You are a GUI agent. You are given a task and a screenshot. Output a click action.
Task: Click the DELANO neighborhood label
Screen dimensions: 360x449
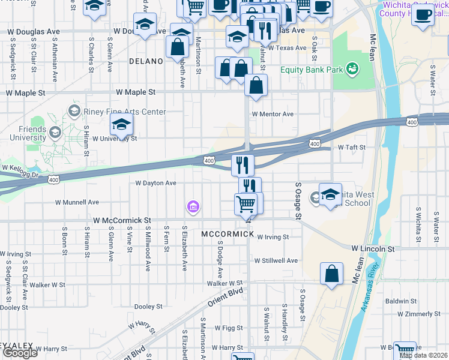146,61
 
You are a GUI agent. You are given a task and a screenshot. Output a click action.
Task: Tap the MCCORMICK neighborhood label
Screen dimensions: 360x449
228,233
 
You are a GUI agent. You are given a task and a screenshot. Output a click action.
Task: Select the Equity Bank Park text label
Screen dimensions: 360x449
312,70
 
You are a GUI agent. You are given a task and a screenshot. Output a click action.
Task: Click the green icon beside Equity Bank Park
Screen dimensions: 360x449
353,70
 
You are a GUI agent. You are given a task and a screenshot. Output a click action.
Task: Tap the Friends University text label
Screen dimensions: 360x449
27,133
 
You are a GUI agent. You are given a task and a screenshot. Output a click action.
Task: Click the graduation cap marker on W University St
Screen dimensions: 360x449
121,125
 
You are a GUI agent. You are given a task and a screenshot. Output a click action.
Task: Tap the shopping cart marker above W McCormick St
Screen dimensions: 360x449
246,204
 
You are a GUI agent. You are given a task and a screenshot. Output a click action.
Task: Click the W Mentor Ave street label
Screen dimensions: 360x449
273,114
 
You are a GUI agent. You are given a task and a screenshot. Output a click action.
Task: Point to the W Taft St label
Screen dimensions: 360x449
352,146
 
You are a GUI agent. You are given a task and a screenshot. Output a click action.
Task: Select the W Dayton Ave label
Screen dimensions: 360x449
156,183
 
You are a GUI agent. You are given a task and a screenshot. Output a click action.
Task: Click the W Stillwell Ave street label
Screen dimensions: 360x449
276,260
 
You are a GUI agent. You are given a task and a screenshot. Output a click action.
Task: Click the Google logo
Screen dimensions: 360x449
20,353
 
